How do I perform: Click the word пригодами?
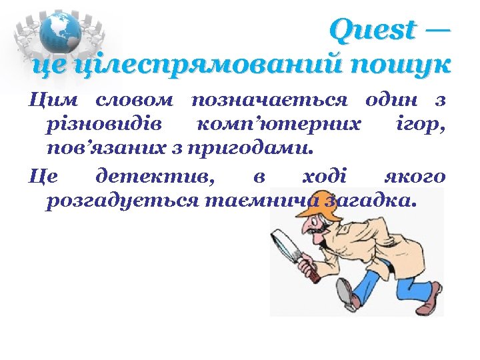[x=256, y=145]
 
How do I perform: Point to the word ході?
[x=324, y=177]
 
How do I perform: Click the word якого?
[x=415, y=177]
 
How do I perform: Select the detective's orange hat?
[x=313, y=212]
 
